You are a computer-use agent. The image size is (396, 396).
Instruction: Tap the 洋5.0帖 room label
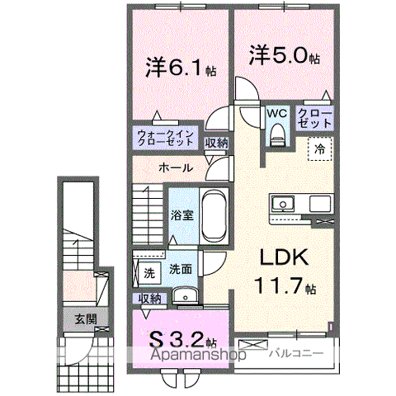[284, 55]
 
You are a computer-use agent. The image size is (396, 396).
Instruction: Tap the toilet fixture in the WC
[277, 134]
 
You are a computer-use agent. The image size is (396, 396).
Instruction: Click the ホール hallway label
[175, 167]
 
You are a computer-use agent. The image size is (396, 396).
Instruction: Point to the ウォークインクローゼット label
[167, 138]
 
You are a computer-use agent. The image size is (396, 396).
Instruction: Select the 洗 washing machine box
[148, 271]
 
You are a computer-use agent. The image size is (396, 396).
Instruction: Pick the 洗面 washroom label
[181, 269]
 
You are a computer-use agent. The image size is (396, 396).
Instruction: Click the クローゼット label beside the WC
[314, 118]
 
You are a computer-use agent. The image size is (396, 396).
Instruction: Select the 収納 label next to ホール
[217, 143]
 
